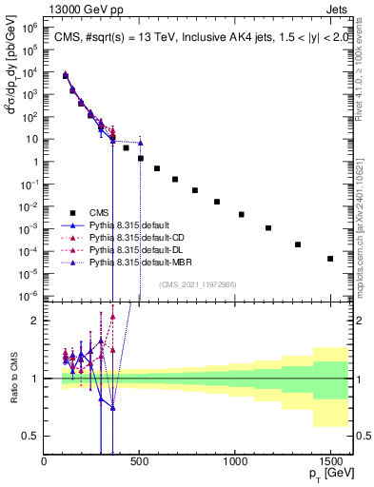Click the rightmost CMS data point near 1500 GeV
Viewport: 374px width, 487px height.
coord(330,259)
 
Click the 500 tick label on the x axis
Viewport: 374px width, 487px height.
coord(140,462)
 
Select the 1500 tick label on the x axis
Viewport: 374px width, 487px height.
coord(330,462)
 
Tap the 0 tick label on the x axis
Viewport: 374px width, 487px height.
coord(45,462)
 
